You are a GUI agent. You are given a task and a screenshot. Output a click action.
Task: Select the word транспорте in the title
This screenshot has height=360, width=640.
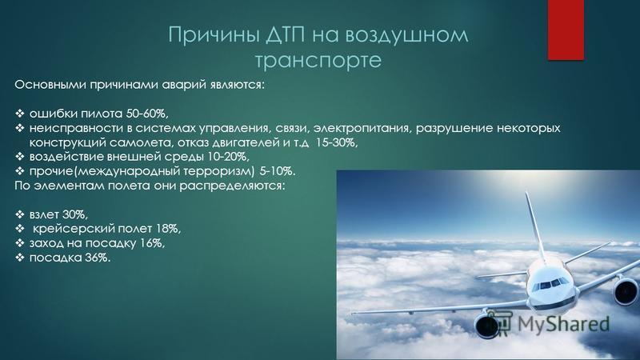click(x=318, y=61)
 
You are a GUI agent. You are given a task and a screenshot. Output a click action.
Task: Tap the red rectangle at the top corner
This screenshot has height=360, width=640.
click(x=566, y=30)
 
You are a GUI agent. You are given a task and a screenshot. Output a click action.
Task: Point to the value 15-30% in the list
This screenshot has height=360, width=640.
click(x=337, y=143)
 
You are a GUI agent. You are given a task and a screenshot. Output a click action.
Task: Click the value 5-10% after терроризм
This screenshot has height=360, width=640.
click(x=277, y=171)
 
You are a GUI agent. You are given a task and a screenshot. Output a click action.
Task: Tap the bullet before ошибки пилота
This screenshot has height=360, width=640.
click(x=19, y=114)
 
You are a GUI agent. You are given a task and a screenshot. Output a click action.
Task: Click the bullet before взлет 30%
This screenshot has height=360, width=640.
click(x=19, y=214)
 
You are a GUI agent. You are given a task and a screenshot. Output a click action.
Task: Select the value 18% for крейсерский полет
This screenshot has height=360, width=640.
click(x=168, y=229)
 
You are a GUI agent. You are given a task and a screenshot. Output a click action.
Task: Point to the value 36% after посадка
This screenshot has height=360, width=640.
click(x=98, y=258)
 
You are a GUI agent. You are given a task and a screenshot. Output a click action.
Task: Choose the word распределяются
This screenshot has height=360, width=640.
click(x=237, y=186)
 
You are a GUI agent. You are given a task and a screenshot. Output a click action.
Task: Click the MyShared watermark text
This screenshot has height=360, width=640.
click(x=563, y=324)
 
